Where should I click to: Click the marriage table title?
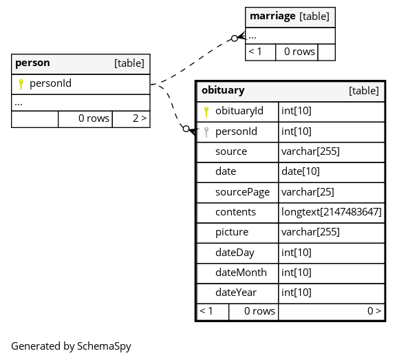pos(272,17)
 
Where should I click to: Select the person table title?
pos(32,63)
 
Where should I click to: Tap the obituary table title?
pos(223,90)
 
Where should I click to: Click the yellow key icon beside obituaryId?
pos(206,112)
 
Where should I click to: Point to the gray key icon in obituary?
pos(206,132)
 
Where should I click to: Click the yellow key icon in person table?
pos(21,84)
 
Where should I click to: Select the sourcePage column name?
pos(242,192)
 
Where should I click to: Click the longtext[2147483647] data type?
pos(331,212)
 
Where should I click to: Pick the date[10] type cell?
pos(300,171)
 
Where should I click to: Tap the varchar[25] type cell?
pos(308,192)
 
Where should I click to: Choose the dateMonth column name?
pos(241,273)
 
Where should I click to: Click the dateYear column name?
pos(236,293)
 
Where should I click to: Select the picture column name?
pos(232,233)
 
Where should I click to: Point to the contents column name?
pos(235,212)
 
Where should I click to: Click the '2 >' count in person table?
pos(140,118)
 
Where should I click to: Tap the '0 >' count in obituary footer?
pos(374,311)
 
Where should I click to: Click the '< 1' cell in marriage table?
pos(255,52)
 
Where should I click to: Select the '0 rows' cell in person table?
pos(94,118)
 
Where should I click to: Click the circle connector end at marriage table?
pos(235,39)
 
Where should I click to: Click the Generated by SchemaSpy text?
pos(71,346)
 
